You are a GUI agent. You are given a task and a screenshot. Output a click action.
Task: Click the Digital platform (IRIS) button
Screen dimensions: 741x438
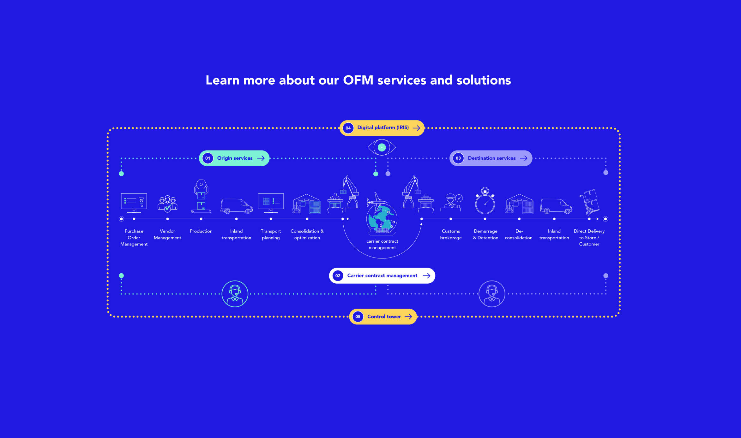[382, 128]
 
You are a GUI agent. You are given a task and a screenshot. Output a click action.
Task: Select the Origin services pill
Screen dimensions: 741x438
[234, 158]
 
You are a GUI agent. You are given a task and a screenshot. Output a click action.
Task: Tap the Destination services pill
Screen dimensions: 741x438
[491, 158]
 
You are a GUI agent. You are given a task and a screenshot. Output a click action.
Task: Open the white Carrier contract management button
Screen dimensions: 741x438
[382, 275]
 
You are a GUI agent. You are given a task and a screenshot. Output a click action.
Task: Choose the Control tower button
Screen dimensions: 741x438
[383, 317]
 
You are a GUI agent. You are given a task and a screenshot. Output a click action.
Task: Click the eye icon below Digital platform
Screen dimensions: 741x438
[382, 147]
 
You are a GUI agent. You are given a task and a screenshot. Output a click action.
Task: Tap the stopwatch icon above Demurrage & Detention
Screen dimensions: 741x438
[485, 201]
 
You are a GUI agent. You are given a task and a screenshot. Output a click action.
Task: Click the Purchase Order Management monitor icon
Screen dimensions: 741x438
[134, 203]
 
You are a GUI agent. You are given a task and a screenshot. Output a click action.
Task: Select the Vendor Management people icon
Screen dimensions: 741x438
[167, 204]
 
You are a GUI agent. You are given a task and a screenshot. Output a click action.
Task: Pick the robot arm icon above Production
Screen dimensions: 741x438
[201, 196]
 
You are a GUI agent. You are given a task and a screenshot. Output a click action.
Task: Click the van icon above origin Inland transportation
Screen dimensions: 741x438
[236, 206]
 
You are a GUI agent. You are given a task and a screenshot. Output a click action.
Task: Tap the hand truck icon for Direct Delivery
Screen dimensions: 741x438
[589, 202]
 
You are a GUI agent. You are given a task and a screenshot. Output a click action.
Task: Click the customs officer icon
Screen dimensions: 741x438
[451, 202]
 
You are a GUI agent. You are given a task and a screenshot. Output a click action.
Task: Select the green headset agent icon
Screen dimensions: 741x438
[235, 294]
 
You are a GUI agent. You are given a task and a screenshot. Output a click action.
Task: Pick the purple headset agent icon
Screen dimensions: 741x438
[492, 294]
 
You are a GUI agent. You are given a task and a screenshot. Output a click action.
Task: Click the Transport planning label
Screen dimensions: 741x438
[271, 234]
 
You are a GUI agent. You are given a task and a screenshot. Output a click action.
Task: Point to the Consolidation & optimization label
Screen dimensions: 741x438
[307, 234]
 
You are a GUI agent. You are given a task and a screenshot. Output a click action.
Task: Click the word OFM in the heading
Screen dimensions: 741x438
[358, 80]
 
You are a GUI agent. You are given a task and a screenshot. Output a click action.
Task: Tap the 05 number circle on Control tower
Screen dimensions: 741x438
[358, 317]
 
